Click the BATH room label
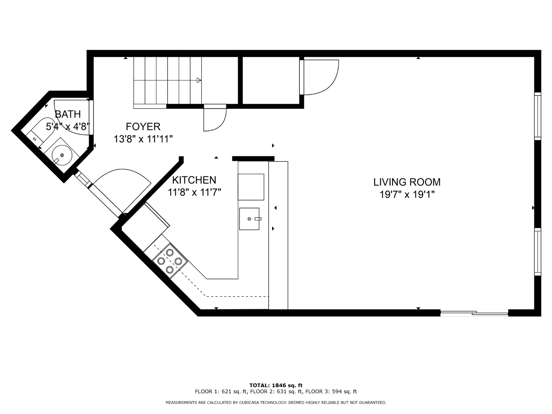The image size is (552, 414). coord(67,114)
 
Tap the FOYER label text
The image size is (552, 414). coord(143,127)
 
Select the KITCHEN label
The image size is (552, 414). coord(194,180)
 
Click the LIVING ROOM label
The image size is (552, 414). coord(407,182)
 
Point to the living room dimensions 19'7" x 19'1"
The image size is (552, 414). coord(407,195)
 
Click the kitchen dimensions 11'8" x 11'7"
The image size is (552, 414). coord(194,192)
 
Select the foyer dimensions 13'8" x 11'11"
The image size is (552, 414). coord(143,139)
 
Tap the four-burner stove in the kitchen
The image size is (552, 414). coord(170,261)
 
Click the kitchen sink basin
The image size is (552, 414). coord(249,219)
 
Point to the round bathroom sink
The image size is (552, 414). coord(62,155)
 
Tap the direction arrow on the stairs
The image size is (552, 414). coord(199,80)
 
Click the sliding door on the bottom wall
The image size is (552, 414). coord(474,313)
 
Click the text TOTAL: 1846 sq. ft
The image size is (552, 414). coord(276,385)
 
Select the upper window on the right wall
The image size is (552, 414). coord(537,116)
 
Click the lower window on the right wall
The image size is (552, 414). coord(537,252)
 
